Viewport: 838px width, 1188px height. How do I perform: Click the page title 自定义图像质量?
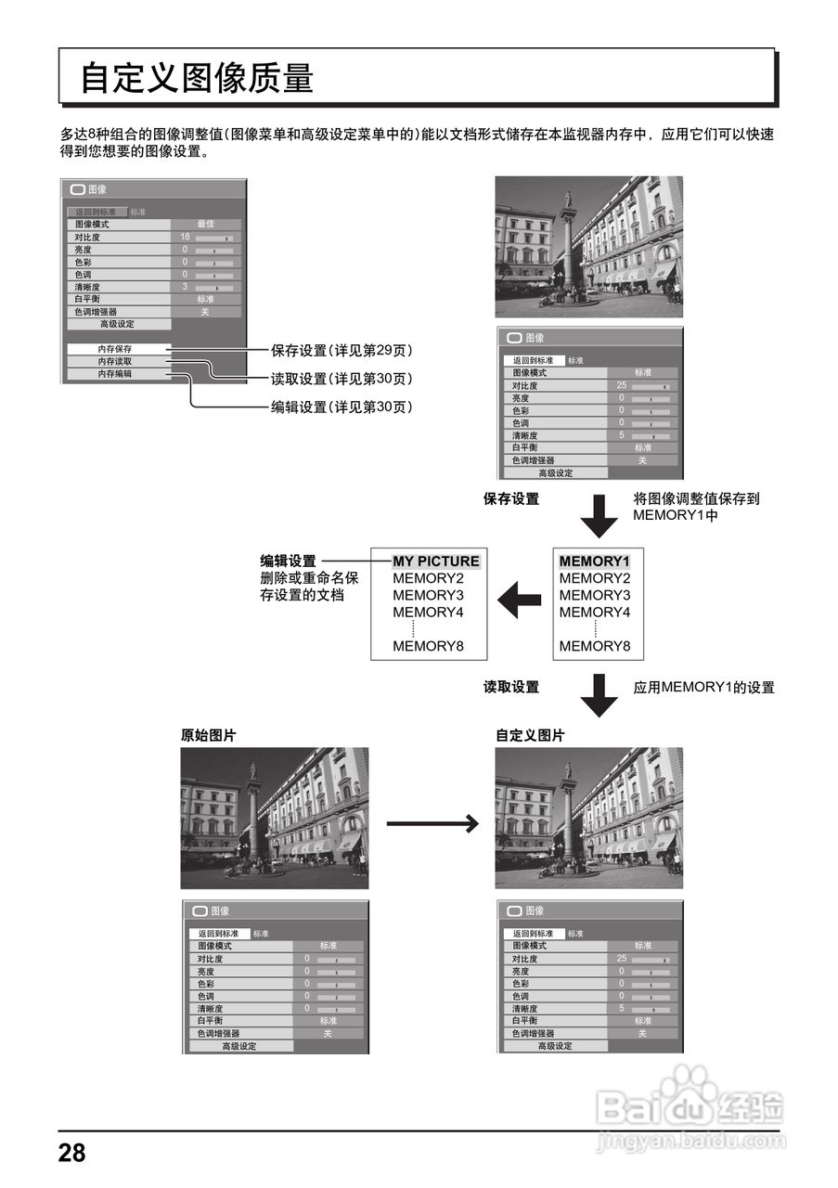[197, 78]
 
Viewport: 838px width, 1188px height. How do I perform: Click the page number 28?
[71, 1154]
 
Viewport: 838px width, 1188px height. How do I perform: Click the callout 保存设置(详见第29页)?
[342, 351]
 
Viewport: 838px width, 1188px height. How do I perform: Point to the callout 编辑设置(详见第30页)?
[342, 407]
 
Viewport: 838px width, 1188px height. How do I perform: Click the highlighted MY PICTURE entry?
[435, 562]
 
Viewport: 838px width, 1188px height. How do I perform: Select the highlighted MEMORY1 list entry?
[594, 562]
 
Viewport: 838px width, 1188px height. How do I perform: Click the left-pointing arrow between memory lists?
[519, 601]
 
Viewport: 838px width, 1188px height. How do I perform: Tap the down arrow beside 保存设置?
[599, 515]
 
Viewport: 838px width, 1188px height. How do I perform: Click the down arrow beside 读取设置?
[599, 694]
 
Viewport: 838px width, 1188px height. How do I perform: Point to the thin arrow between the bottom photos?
[432, 822]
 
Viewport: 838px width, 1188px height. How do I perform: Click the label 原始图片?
[208, 735]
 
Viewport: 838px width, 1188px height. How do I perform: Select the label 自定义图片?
[529, 735]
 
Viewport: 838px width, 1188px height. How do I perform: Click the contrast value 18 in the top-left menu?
[185, 238]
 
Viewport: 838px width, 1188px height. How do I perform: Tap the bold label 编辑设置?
[288, 562]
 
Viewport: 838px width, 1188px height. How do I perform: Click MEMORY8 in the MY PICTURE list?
[428, 646]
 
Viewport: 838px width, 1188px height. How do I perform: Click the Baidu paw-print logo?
[688, 1085]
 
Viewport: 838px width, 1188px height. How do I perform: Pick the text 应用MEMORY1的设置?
[703, 688]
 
